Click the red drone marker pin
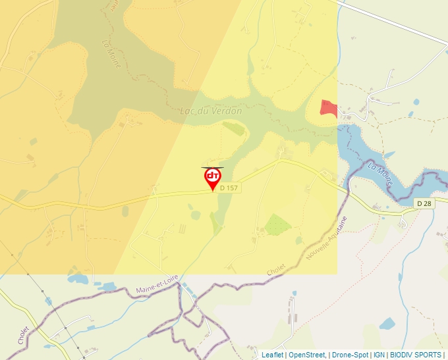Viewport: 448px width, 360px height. pyautogui.click(x=212, y=178)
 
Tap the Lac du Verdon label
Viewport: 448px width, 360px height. pyautogui.click(x=211, y=111)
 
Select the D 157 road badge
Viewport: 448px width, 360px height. pyautogui.click(x=229, y=188)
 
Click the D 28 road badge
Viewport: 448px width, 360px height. pyautogui.click(x=425, y=204)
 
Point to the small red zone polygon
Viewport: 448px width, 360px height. pyautogui.click(x=327, y=109)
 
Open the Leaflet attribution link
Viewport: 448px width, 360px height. pyautogui.click(x=272, y=355)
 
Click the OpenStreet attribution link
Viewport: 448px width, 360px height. pyautogui.click(x=307, y=355)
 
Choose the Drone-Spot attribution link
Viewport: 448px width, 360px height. pyautogui.click(x=350, y=355)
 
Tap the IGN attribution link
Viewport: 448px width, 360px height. pyautogui.click(x=379, y=355)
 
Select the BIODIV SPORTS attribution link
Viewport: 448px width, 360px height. pyautogui.click(x=416, y=355)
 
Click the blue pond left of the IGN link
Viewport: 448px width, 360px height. pyautogui.click(x=387, y=323)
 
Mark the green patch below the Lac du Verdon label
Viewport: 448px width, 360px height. pyautogui.click(x=233, y=128)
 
